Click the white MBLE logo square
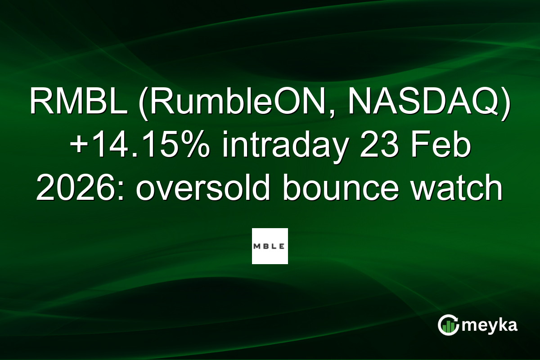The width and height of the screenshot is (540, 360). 270,246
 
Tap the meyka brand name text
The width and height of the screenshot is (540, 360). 490,325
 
